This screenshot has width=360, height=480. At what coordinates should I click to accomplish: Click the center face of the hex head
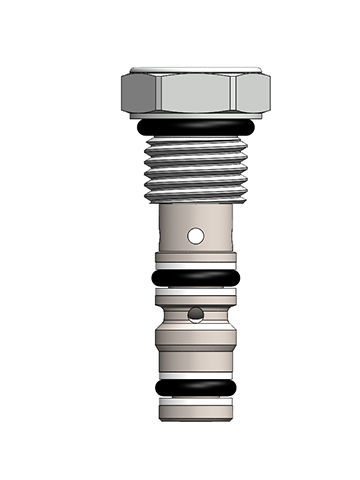tap(196, 96)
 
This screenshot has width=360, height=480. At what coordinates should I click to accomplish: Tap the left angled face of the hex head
tap(140, 96)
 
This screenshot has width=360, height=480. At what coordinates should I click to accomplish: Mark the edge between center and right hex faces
tap(237, 96)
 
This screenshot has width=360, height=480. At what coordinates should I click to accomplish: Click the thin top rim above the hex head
tap(196, 72)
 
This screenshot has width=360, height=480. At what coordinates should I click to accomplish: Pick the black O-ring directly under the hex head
tap(196, 128)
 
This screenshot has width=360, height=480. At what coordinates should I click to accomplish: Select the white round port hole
tap(197, 237)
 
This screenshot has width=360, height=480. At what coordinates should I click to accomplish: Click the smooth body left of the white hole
tap(172, 237)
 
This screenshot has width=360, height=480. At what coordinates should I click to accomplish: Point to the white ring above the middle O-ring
tap(196, 266)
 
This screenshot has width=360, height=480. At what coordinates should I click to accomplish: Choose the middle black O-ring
tap(196, 277)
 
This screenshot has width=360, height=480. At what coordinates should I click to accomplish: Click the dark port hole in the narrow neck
tap(197, 316)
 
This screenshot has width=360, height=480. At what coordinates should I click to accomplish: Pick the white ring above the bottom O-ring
tap(196, 374)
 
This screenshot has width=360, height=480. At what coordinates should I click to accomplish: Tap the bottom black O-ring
tap(196, 388)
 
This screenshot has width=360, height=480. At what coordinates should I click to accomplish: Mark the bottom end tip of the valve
tap(196, 407)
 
